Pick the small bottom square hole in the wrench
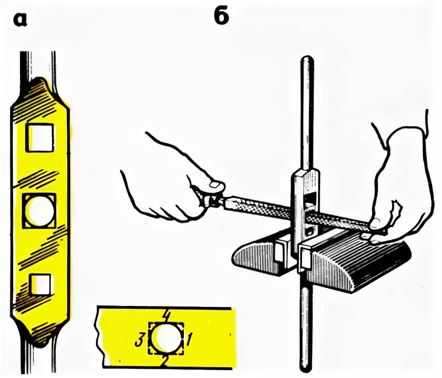41,283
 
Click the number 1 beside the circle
188,340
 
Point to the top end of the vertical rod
306,61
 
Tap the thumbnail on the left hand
215,186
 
